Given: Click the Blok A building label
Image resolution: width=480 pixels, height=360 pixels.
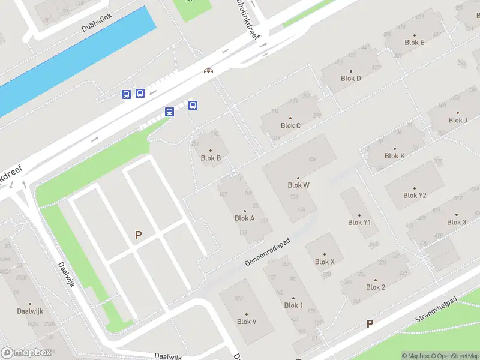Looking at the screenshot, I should click(x=245, y=218).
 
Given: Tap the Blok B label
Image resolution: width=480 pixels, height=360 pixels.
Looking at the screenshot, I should click(x=211, y=158).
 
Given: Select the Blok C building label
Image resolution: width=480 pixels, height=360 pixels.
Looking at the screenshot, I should click(x=290, y=125).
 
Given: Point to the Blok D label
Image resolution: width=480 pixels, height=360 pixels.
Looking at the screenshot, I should click(x=351, y=79).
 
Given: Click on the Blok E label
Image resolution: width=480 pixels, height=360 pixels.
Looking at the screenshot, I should click(x=415, y=43).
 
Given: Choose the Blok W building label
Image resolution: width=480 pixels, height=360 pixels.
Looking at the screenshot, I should click(x=298, y=185).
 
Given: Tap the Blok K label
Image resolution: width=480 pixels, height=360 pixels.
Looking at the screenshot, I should click(x=394, y=156).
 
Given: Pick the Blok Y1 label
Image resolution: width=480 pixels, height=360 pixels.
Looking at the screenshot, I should click(x=359, y=223).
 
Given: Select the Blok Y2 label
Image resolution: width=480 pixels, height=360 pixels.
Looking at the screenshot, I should click(x=415, y=195).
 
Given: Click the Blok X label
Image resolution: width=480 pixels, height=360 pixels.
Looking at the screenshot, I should click(x=325, y=262).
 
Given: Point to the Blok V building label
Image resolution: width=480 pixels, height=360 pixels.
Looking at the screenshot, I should click(x=247, y=322).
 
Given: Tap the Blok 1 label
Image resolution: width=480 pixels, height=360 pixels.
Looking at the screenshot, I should click(x=293, y=305).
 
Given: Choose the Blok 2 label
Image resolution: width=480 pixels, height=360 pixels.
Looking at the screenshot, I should click(x=375, y=287).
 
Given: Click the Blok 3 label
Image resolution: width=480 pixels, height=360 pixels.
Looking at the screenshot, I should click(x=457, y=222).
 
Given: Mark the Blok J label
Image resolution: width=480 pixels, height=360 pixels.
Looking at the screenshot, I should click(x=458, y=120).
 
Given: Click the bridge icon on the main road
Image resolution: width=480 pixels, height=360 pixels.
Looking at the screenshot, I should click(x=208, y=71).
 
